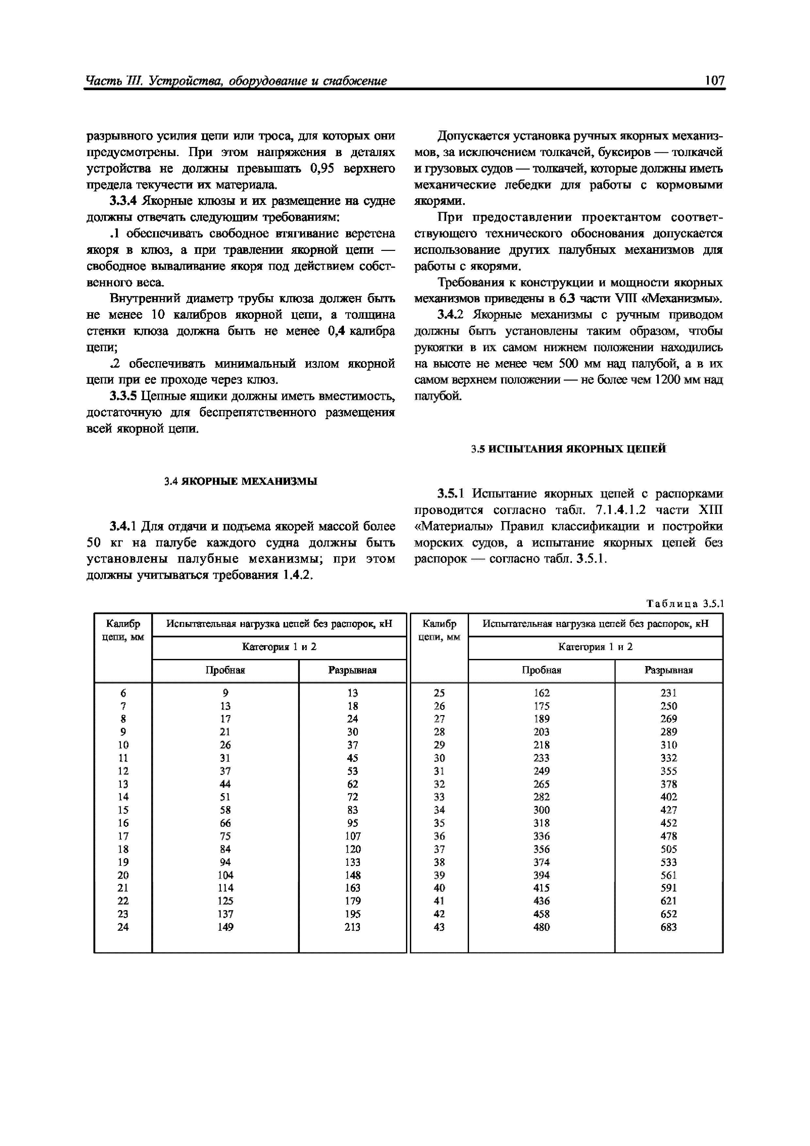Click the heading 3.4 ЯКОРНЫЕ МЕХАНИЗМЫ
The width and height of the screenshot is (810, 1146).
pos(241,481)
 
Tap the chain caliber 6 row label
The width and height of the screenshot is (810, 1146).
pos(123,693)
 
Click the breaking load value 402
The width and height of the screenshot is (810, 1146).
pos(668,797)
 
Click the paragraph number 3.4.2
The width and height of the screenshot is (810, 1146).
pos(451,315)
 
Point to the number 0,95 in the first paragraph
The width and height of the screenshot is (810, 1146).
pos(321,169)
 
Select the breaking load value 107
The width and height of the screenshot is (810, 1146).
pos(352,836)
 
